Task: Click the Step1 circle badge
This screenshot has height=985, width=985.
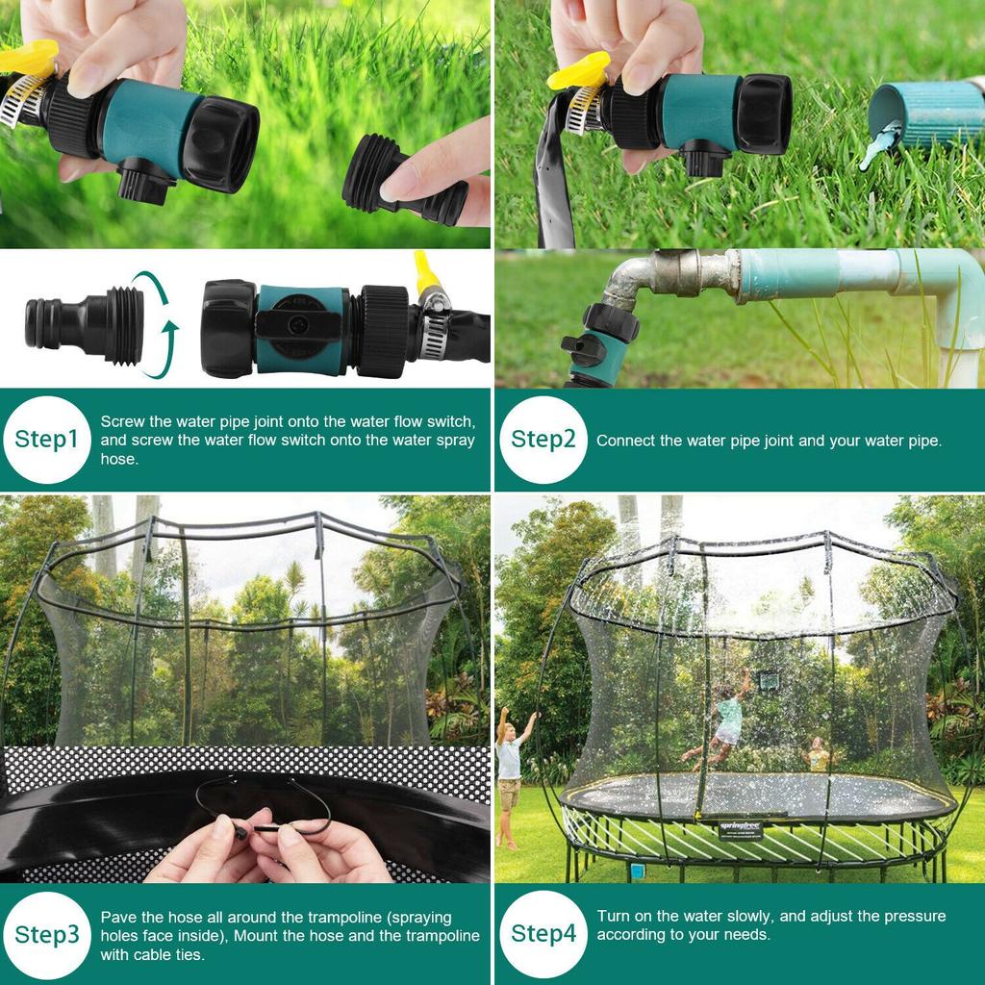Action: click(46, 440)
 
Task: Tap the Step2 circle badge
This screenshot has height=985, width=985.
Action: click(543, 440)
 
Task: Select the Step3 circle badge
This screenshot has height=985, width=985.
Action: click(46, 934)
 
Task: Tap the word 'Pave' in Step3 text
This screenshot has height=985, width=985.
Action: click(117, 918)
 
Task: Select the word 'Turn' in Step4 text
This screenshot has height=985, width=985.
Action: click(613, 916)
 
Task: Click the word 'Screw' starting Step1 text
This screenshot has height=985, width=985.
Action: click(122, 421)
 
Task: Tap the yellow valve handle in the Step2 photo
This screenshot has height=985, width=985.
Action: click(579, 70)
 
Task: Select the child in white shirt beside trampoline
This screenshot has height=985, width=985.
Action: click(510, 770)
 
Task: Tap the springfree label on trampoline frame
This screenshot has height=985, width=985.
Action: click(741, 830)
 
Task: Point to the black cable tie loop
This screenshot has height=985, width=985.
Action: click(265, 803)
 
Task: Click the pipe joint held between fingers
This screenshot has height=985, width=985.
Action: click(404, 183)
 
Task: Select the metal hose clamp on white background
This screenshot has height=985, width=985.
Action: click(434, 327)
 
